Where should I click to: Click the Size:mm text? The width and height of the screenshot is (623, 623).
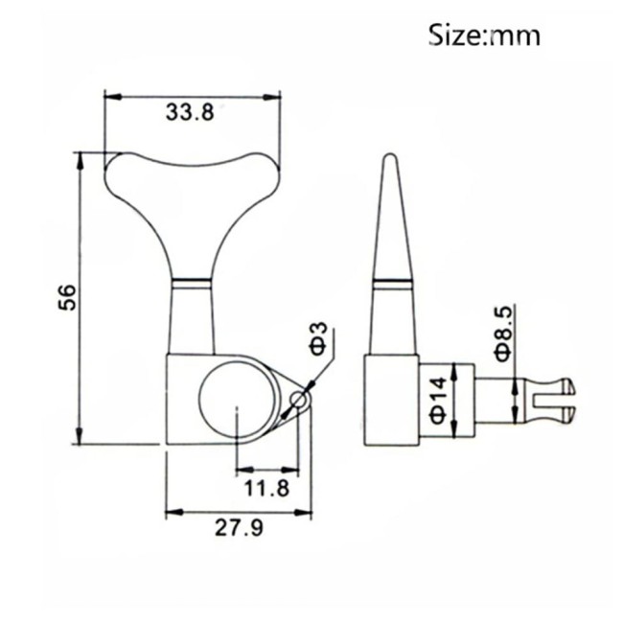[x=484, y=35]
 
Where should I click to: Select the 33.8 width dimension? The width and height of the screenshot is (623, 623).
[x=189, y=113]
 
